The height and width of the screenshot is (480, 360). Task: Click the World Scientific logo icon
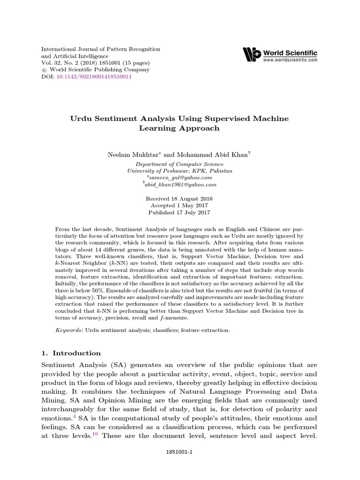(252, 54)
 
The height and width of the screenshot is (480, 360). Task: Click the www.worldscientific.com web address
(290, 60)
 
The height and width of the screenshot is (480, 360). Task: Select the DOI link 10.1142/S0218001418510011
(94, 77)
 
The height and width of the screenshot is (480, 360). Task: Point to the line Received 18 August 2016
(180, 199)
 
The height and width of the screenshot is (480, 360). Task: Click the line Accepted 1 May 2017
(180, 205)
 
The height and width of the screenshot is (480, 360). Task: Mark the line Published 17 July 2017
(180, 212)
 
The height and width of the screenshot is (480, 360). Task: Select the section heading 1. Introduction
(71, 353)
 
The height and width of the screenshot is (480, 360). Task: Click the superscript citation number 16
(94, 434)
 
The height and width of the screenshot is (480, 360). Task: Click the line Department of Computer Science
(180, 164)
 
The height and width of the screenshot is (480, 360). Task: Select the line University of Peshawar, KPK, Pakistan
(180, 171)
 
